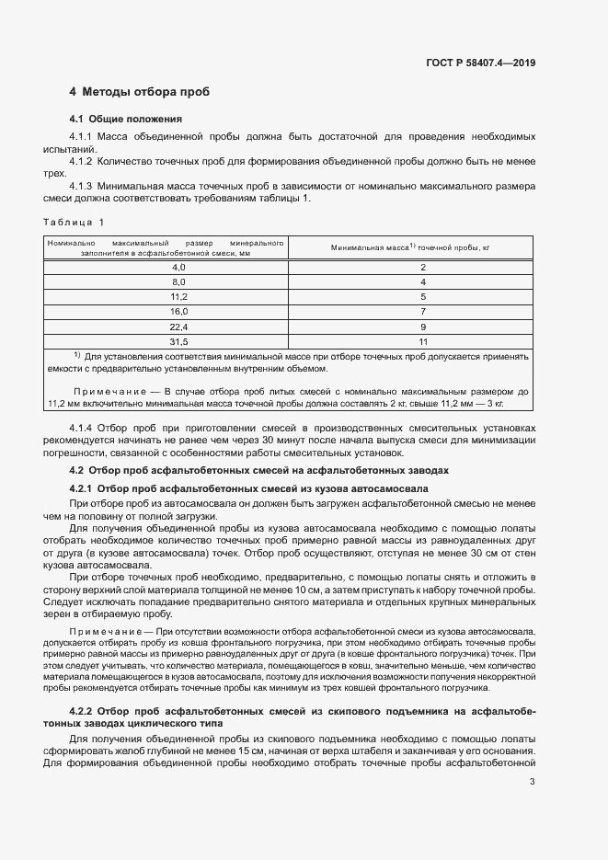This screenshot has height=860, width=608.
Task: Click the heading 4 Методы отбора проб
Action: coord(140,93)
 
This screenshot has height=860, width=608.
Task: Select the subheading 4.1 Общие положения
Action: coord(126,120)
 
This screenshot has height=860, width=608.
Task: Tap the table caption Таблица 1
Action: coord(75,222)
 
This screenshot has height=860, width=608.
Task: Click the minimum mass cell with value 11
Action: coord(422,341)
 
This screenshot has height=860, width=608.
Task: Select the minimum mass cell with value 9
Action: coord(422,327)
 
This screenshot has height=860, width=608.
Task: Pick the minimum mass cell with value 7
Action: coord(422,312)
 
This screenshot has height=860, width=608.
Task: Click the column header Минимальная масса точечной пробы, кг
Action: coord(409,247)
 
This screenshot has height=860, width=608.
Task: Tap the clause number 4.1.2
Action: coord(83,162)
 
